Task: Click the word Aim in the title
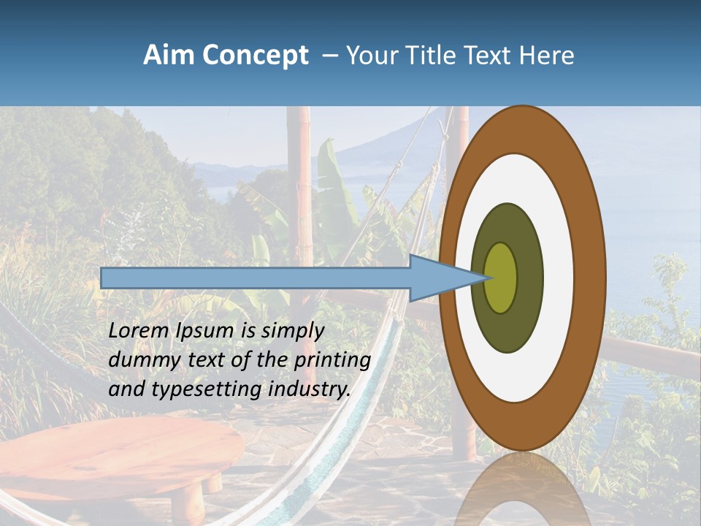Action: [x=169, y=56]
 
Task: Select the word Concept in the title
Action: [x=255, y=56]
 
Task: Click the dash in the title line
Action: [x=330, y=56]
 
